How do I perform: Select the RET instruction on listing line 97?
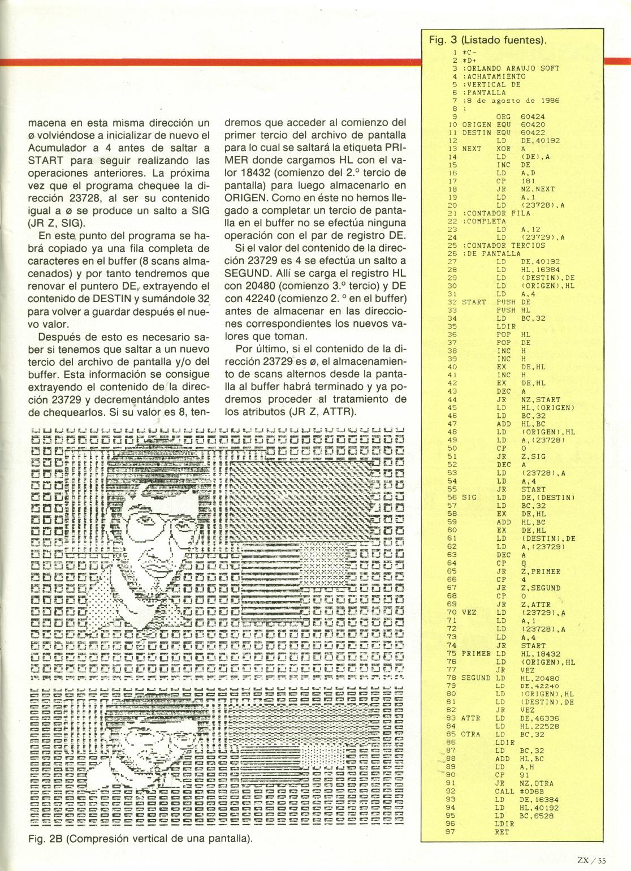pyautogui.click(x=502, y=832)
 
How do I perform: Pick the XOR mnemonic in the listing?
pyautogui.click(x=503, y=149)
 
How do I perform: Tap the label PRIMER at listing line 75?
pyautogui.click(x=476, y=653)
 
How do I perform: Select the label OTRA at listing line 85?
pyautogui.click(x=470, y=734)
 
